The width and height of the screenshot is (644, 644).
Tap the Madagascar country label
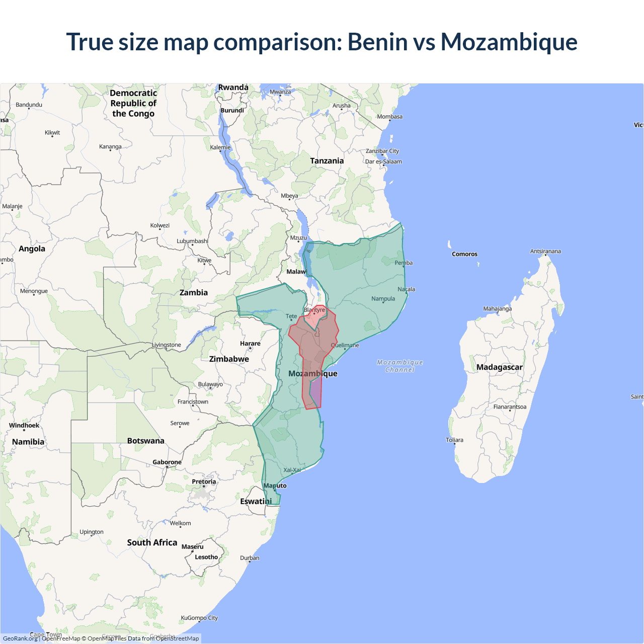tap(499, 367)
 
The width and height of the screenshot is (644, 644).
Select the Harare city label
tap(250, 344)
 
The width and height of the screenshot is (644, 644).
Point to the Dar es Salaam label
tap(383, 162)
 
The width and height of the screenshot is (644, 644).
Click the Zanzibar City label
tap(382, 151)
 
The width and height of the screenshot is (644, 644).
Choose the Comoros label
tap(464, 254)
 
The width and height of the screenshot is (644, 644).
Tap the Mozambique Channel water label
tap(400, 366)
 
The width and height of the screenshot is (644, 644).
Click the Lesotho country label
tap(206, 557)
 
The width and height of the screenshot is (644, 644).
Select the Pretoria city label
tap(204, 481)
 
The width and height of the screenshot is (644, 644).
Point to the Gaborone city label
tap(167, 462)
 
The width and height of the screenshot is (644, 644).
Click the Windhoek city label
tap(24, 425)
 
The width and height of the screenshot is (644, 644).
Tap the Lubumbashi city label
tap(192, 241)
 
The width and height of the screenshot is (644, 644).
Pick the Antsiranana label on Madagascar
tap(545, 251)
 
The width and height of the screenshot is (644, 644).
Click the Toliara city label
tap(454, 440)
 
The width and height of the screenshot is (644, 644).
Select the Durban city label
tap(250, 558)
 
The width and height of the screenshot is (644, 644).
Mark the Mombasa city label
tap(390, 117)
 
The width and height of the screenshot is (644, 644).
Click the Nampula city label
tap(383, 299)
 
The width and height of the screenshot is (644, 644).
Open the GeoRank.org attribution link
tap(20, 638)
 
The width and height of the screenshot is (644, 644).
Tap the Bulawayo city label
tap(210, 384)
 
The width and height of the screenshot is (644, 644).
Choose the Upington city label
tap(92, 532)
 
